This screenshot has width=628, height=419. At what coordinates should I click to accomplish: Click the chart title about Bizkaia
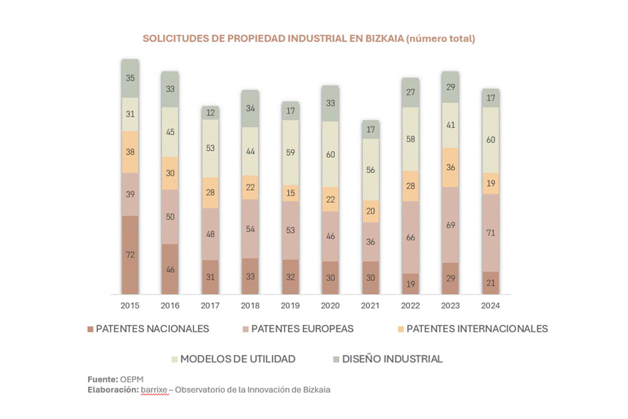(308, 38)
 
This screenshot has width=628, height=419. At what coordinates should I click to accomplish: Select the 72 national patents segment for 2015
(130, 254)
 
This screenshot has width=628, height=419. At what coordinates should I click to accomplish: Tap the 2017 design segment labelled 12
(210, 113)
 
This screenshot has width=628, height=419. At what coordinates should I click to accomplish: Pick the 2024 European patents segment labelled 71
(491, 233)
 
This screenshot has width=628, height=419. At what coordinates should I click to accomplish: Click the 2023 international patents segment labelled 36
(450, 167)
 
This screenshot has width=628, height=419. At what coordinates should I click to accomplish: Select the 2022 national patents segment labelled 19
(411, 283)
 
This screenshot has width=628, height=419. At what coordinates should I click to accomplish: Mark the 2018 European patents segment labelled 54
(250, 229)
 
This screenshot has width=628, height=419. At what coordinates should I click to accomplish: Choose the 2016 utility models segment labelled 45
(170, 132)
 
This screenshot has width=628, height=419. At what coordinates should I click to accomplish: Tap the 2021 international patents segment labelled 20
(371, 212)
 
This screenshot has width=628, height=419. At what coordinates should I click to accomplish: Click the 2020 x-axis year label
(330, 305)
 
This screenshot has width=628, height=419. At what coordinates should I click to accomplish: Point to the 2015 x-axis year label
(130, 305)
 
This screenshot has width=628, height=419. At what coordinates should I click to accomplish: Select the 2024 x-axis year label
(491, 305)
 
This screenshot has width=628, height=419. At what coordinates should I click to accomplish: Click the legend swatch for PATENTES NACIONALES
(90, 329)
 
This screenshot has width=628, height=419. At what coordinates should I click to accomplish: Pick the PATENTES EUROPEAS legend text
(302, 329)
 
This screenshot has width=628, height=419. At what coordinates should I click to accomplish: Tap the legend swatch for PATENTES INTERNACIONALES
(401, 329)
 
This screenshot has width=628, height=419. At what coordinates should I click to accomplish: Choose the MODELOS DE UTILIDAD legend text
(237, 359)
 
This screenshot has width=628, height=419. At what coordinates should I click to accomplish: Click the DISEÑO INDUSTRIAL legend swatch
(336, 359)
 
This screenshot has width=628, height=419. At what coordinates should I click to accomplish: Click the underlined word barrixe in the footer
(154, 389)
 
